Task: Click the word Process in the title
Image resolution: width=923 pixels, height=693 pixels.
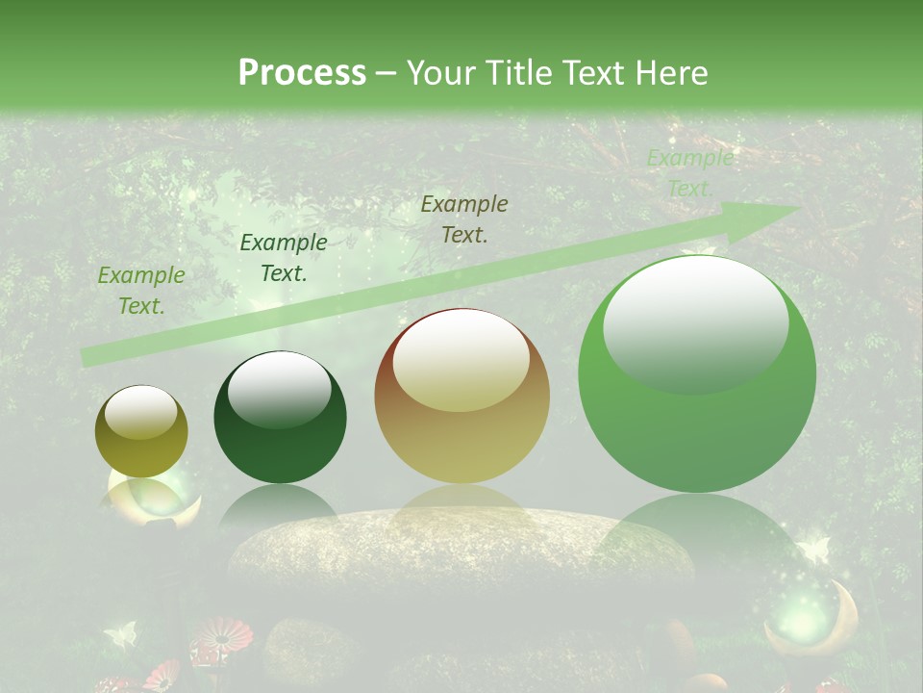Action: coord(302,72)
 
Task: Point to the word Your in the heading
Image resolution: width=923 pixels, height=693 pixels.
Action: coord(444,72)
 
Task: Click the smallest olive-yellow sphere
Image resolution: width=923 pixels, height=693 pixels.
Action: coord(141,431)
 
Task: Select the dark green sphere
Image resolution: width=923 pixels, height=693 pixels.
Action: coord(280,417)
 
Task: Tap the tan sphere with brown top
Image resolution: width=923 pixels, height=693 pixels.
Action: coord(461,396)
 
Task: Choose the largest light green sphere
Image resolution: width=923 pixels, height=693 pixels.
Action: coord(696,373)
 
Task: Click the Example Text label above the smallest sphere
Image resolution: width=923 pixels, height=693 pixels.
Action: coord(141,291)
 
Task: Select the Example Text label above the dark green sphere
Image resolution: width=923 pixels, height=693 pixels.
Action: coord(283,258)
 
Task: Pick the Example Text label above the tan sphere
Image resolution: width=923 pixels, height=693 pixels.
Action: coord(464,218)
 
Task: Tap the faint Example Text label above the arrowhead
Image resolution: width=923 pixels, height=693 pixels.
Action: coord(689,173)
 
